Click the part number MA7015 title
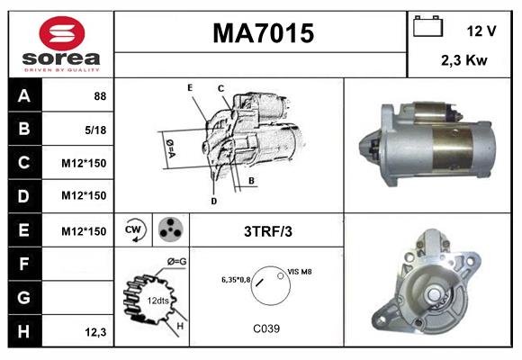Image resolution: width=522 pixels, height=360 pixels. [262, 34]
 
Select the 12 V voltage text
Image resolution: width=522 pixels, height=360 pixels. [481, 31]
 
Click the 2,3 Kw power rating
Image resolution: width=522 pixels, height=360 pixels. [463, 61]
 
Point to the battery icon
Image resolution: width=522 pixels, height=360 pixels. [428, 28]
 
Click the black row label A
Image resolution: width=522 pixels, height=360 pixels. [24, 95]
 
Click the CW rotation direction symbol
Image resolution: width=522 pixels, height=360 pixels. [133, 229]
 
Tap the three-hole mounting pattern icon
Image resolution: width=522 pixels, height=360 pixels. [169, 230]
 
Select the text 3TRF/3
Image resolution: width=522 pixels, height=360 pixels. [267, 231]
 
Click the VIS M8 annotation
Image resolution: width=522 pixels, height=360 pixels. [300, 271]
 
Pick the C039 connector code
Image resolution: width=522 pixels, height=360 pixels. [266, 328]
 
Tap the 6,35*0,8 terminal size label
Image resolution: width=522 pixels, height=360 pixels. [236, 279]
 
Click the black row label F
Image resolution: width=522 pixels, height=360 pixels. [24, 265]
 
